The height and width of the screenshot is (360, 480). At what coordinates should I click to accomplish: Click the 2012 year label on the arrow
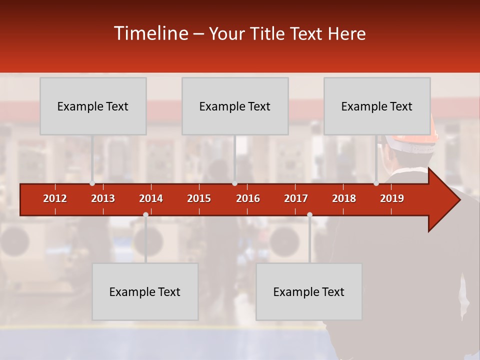(x=55, y=198)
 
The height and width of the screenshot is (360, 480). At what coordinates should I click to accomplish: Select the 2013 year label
(x=103, y=198)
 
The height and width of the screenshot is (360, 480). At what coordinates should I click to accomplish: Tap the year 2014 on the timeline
(x=151, y=198)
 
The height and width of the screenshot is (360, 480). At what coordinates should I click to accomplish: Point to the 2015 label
(x=199, y=198)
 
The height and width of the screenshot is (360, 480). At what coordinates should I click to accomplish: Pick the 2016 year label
(x=248, y=198)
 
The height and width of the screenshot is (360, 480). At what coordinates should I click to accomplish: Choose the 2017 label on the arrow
(x=296, y=198)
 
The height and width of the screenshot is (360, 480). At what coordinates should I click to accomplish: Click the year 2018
(x=344, y=198)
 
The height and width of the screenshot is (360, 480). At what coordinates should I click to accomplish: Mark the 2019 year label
(x=392, y=198)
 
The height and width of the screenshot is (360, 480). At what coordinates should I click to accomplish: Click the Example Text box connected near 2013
(x=93, y=106)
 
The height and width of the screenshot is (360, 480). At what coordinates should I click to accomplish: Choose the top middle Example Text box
(x=235, y=106)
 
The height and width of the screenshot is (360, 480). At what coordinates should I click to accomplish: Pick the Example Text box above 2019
(x=377, y=106)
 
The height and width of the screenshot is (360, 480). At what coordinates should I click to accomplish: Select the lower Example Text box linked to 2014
(x=145, y=291)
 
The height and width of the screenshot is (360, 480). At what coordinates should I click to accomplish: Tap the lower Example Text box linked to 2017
(x=309, y=291)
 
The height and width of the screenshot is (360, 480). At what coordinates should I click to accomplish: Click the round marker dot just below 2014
(x=145, y=214)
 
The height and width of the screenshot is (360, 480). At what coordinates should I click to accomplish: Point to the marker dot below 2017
(x=309, y=214)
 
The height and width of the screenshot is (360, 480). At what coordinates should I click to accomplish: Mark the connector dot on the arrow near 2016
(x=234, y=183)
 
